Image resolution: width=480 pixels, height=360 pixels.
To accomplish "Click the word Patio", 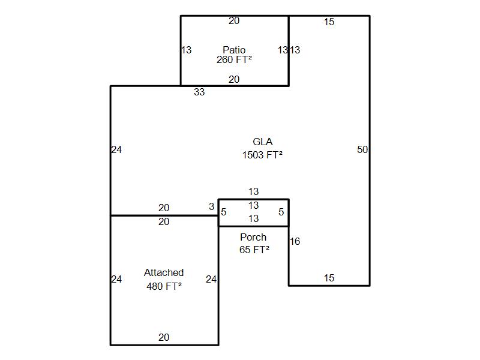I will point(234,50).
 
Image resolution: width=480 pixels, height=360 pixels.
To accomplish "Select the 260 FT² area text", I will point(234,60).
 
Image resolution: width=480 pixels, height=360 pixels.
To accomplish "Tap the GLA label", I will point(262,142).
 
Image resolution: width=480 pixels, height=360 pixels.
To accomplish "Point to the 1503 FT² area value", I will point(262,155).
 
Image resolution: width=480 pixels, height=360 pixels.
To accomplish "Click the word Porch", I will point(253,238).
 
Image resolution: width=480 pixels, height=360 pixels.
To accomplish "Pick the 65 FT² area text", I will point(254,250).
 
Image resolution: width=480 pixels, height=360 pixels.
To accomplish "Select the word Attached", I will point(164,273).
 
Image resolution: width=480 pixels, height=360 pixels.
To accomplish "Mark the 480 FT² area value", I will point(164,286).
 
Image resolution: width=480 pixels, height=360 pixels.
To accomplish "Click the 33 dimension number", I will point(199,92).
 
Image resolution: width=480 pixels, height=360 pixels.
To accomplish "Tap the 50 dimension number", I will point(362,150).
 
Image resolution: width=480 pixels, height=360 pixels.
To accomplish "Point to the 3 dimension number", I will point(211,207).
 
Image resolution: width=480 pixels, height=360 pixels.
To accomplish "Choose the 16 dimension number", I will point(295,242).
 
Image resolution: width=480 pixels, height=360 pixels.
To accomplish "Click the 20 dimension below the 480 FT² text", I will point(164,338).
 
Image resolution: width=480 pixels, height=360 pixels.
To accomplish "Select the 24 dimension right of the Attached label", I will point(211,279).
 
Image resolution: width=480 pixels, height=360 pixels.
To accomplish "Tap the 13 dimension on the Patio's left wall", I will point(187,50).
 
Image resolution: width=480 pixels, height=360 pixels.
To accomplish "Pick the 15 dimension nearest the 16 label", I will point(329,278).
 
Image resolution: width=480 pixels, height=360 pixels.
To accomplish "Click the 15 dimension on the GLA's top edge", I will point(329,22).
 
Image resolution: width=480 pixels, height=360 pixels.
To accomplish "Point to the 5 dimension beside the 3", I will point(224,212).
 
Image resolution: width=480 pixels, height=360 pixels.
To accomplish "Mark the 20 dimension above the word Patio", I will point(234,21).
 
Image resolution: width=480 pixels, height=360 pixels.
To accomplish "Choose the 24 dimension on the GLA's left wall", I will point(116,150).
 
